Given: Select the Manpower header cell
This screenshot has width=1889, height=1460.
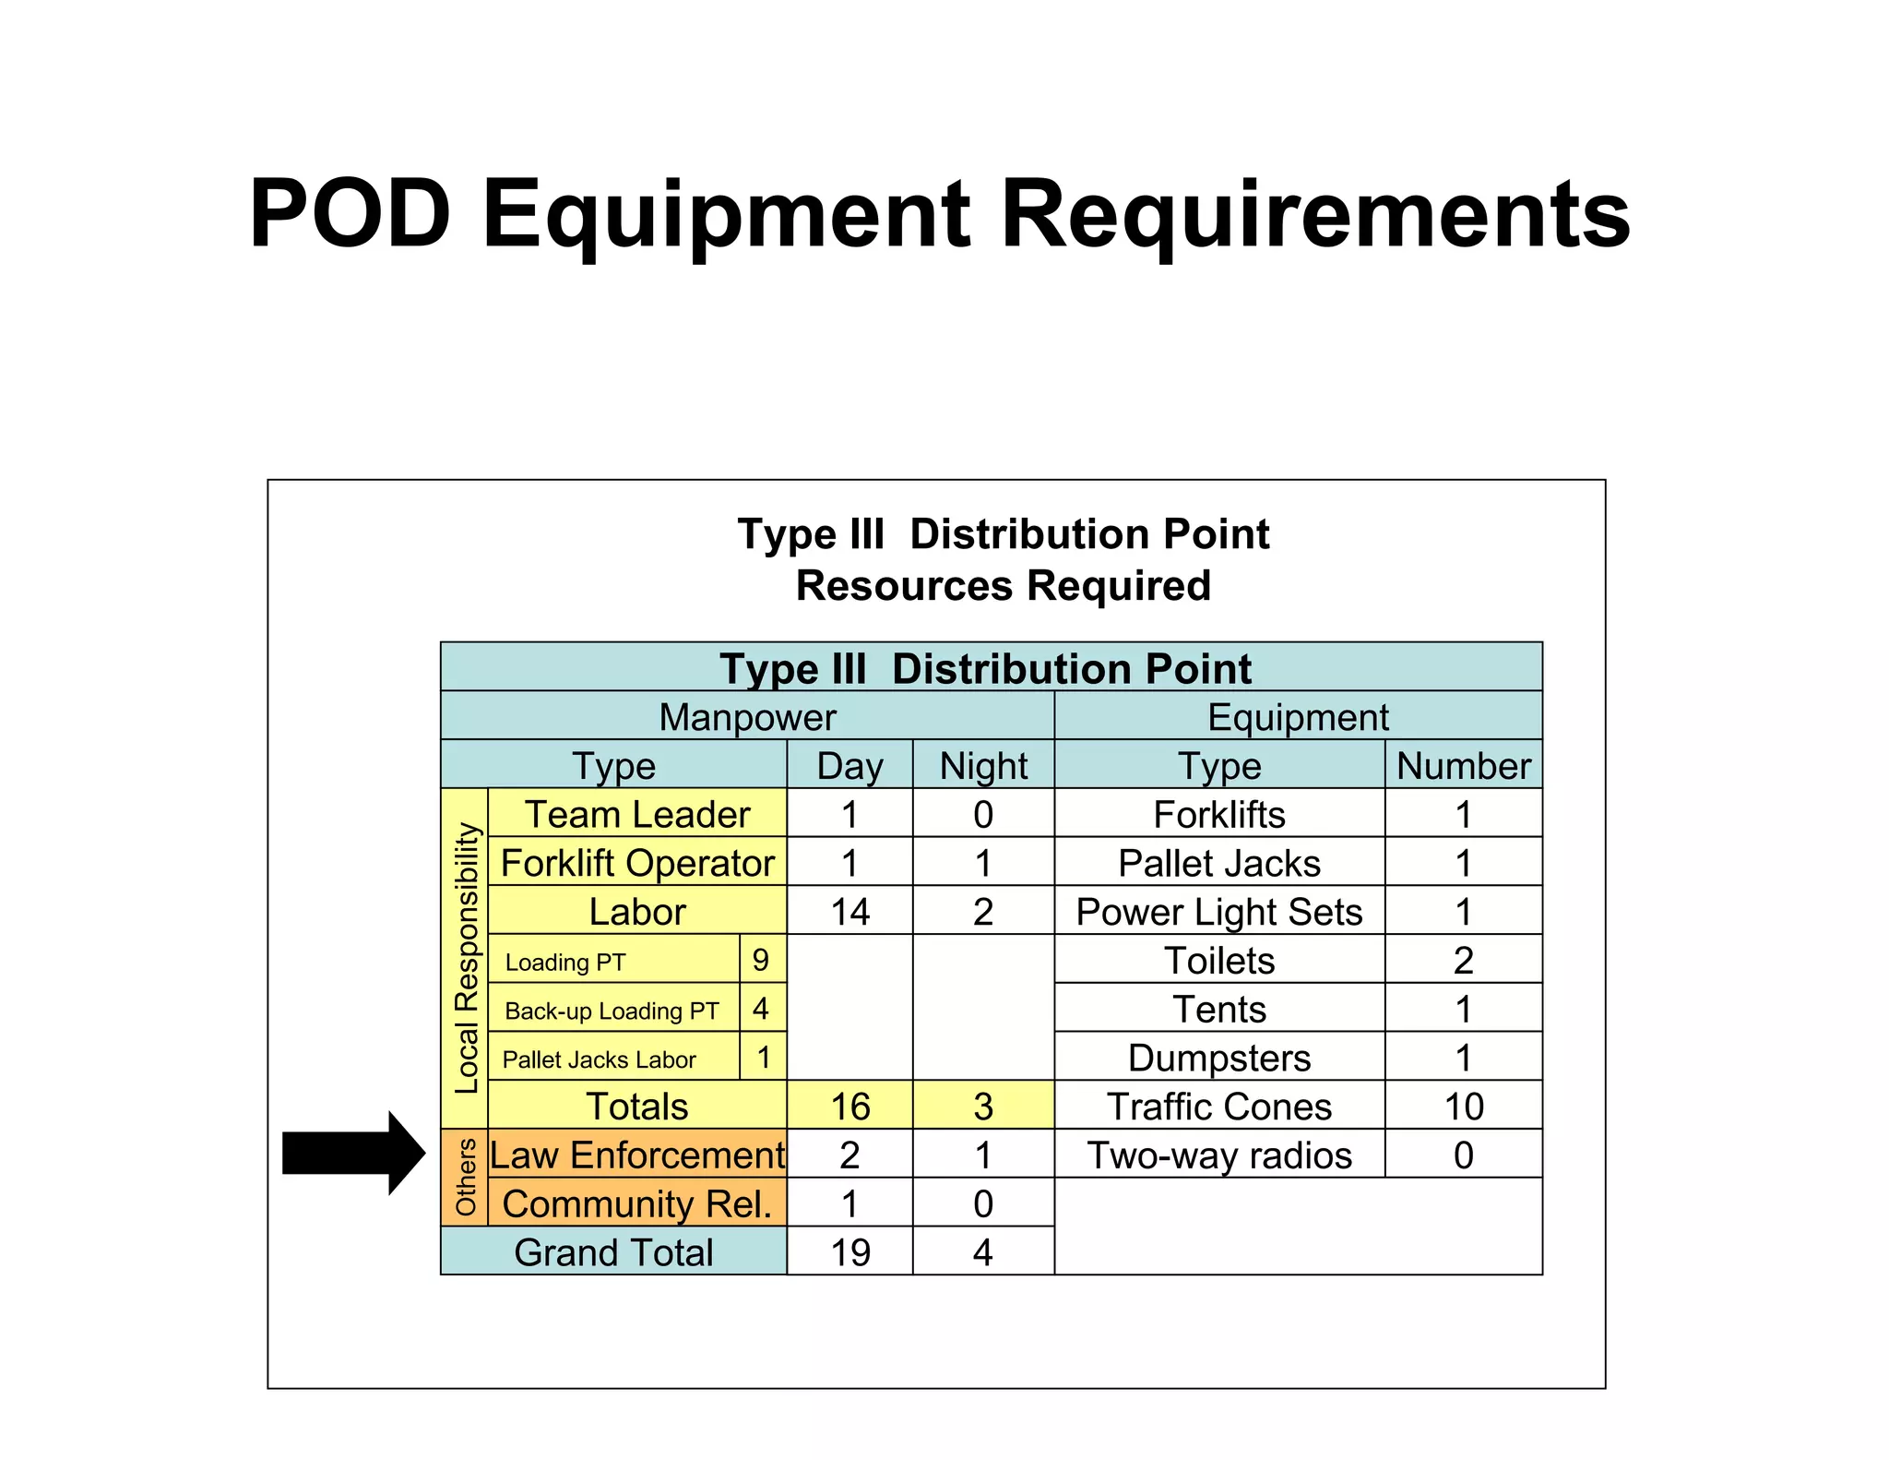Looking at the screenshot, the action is [747, 717].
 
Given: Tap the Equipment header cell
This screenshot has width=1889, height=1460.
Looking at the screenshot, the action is [1298, 717].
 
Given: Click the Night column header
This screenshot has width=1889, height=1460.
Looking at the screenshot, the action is [983, 766].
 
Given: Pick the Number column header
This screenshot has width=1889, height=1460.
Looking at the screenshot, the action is [1463, 766].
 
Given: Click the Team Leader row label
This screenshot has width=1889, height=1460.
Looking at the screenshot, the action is [637, 814].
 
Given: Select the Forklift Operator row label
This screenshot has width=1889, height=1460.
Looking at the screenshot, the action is [637, 863].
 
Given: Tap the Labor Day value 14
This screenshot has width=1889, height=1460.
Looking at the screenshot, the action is [849, 912].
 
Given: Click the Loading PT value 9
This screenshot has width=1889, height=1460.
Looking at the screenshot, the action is [761, 960].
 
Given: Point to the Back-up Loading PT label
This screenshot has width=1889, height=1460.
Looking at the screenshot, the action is [612, 1011].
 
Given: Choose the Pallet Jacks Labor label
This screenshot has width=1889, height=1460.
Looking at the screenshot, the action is [599, 1059].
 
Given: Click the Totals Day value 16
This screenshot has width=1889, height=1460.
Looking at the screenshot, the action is [849, 1107].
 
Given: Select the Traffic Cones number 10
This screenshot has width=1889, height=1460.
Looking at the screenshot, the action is [1463, 1107].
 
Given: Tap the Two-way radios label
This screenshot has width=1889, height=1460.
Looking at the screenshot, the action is [1219, 1155].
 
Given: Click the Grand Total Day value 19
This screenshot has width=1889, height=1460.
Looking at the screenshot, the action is [849, 1252].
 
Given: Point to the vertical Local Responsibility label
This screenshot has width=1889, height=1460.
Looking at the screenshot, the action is [467, 958].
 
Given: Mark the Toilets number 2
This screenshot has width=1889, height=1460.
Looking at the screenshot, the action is [1463, 961].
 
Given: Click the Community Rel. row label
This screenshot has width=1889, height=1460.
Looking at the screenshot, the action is [637, 1203].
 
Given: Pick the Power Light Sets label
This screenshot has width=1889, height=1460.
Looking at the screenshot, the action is [1219, 912].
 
